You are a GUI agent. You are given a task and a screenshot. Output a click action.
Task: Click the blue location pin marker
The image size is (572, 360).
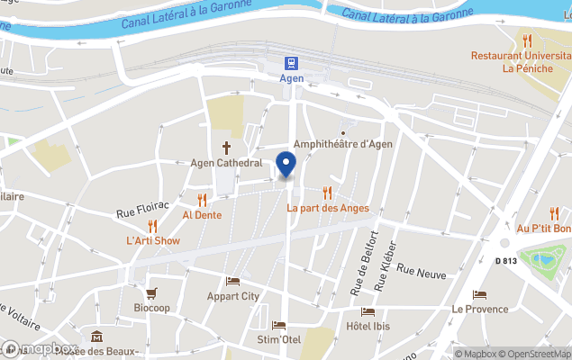286,165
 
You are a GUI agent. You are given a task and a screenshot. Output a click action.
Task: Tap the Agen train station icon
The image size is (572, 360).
292,63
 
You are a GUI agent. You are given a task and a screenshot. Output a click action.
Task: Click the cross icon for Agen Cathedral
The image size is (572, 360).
227,147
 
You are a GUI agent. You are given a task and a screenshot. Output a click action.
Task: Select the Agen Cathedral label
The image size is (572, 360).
226,164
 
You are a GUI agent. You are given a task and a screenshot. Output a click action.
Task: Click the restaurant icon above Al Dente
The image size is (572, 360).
203,200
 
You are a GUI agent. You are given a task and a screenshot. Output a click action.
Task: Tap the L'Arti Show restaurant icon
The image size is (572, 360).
153,225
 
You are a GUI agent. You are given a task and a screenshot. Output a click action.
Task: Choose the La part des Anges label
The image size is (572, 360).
328,209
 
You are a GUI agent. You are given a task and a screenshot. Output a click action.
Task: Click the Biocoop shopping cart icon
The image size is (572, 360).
151,292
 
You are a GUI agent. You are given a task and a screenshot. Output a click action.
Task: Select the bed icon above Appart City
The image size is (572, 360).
232,281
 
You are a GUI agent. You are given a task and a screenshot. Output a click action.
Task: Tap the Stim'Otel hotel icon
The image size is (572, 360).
278,325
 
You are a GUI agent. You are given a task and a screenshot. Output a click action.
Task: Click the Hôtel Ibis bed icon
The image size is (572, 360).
368,311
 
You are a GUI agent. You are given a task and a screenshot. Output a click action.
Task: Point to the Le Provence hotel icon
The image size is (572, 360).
479,294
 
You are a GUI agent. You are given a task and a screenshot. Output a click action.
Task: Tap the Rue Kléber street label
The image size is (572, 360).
385,267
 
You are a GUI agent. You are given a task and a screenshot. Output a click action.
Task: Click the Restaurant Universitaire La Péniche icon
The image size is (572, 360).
527,40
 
